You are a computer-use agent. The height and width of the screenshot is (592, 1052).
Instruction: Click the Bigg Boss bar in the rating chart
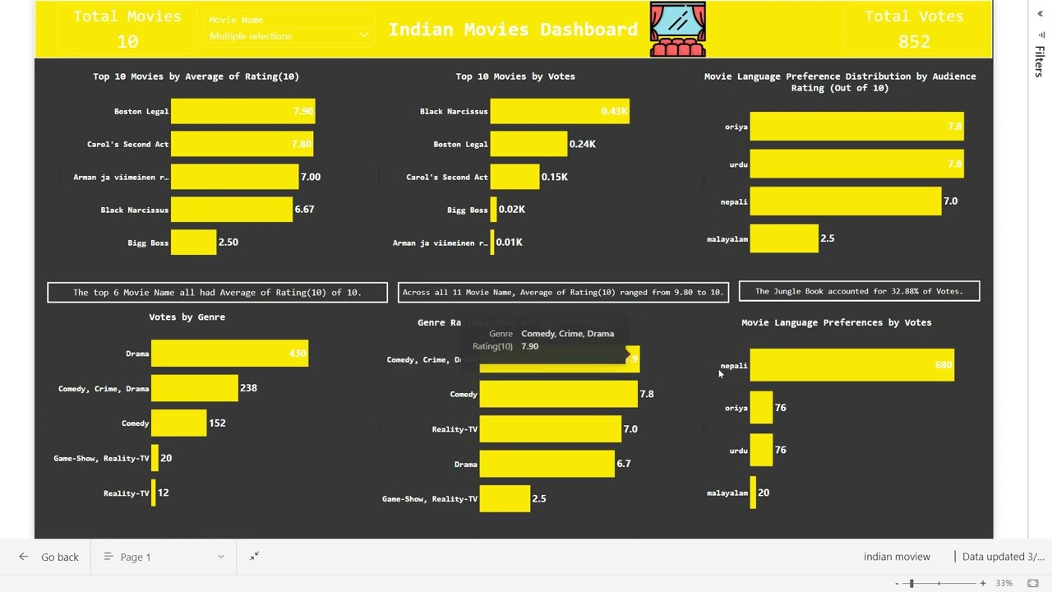tap(193, 243)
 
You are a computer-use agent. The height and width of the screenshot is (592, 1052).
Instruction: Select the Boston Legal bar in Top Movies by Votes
tap(528, 144)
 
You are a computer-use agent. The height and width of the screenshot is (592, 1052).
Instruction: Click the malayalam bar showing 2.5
tap(783, 238)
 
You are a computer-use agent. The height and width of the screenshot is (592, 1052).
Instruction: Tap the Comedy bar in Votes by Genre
tap(178, 423)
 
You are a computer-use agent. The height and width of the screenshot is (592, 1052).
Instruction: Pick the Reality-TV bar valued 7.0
tap(550, 429)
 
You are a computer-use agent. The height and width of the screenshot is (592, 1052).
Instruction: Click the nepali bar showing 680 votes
tap(851, 365)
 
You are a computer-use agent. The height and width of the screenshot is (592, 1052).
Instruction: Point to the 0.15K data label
tap(554, 177)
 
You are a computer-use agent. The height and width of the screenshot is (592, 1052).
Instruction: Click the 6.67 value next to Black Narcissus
tap(304, 210)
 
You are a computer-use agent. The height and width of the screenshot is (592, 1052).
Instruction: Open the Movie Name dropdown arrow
tap(363, 36)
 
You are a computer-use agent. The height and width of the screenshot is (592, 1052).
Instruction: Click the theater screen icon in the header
tap(677, 29)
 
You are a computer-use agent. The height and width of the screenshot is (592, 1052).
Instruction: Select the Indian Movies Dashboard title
tap(513, 30)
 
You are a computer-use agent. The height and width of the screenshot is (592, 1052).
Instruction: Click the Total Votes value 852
tap(914, 41)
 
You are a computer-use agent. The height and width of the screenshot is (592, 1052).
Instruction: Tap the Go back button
tap(50, 557)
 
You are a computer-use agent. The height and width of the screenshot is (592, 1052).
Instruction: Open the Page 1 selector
tap(164, 557)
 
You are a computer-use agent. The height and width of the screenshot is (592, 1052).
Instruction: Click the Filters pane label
tap(1040, 62)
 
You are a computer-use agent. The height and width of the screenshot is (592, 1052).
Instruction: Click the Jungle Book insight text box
tap(859, 291)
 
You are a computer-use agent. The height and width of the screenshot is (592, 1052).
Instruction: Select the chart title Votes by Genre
tap(187, 317)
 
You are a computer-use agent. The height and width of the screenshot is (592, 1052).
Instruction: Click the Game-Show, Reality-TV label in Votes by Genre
tap(101, 458)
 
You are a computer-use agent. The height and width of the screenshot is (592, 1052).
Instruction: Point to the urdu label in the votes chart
tap(738, 451)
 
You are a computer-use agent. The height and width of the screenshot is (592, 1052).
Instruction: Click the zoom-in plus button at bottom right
tap(982, 583)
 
